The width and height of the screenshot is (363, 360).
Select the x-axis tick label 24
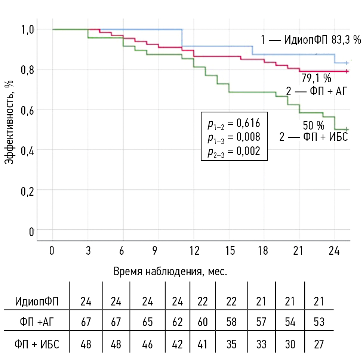click(x=333, y=251)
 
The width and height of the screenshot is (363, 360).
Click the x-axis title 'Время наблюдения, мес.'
click(x=170, y=271)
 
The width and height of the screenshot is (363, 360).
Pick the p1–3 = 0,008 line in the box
click(x=234, y=137)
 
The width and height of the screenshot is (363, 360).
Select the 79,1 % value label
click(x=316, y=79)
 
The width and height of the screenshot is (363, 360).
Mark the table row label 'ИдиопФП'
click(x=37, y=301)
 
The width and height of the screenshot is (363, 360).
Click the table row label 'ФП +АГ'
click(x=37, y=322)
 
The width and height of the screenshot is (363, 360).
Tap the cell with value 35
click(x=231, y=344)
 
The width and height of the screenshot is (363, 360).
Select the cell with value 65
click(x=148, y=322)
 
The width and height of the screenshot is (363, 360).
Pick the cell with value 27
click(x=319, y=344)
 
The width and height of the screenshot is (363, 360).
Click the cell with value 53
click(x=319, y=322)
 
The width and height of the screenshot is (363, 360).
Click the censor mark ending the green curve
click(x=347, y=129)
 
